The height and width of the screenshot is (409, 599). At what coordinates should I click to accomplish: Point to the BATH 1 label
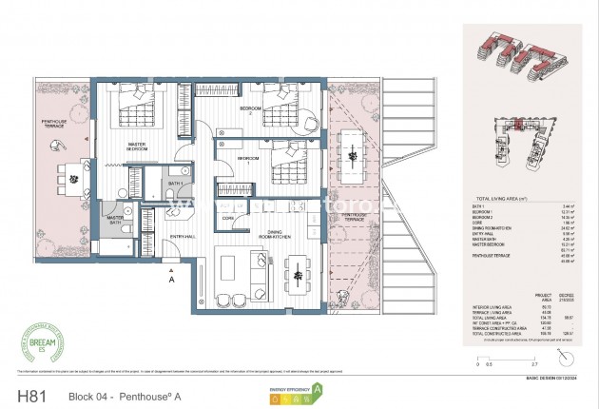175,183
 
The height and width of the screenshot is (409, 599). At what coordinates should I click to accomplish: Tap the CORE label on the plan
228,218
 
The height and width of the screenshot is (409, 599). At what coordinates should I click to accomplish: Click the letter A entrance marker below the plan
170,281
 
